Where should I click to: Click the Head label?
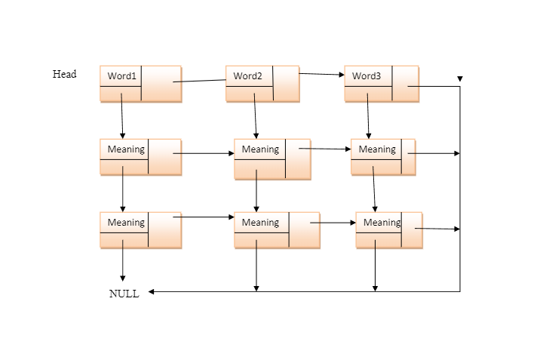(x=64, y=74)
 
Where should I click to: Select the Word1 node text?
(x=122, y=76)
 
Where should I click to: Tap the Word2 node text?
(x=247, y=76)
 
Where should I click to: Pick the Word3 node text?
(x=367, y=76)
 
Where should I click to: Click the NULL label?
(x=124, y=294)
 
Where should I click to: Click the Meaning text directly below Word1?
(x=126, y=149)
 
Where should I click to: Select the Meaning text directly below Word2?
(x=260, y=149)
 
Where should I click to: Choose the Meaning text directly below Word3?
(x=377, y=149)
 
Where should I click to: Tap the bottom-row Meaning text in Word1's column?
(x=126, y=223)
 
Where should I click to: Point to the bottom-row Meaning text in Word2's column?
(x=260, y=223)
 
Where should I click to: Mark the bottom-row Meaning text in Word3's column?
(x=382, y=223)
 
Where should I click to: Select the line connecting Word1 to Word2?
(x=200, y=81)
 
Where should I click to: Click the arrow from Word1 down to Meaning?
(x=122, y=117)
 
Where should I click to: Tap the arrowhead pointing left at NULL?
(x=152, y=291)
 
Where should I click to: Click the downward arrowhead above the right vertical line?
(x=460, y=78)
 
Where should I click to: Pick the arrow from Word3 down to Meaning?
(x=368, y=117)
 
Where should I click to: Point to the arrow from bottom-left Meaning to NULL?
(x=123, y=264)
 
